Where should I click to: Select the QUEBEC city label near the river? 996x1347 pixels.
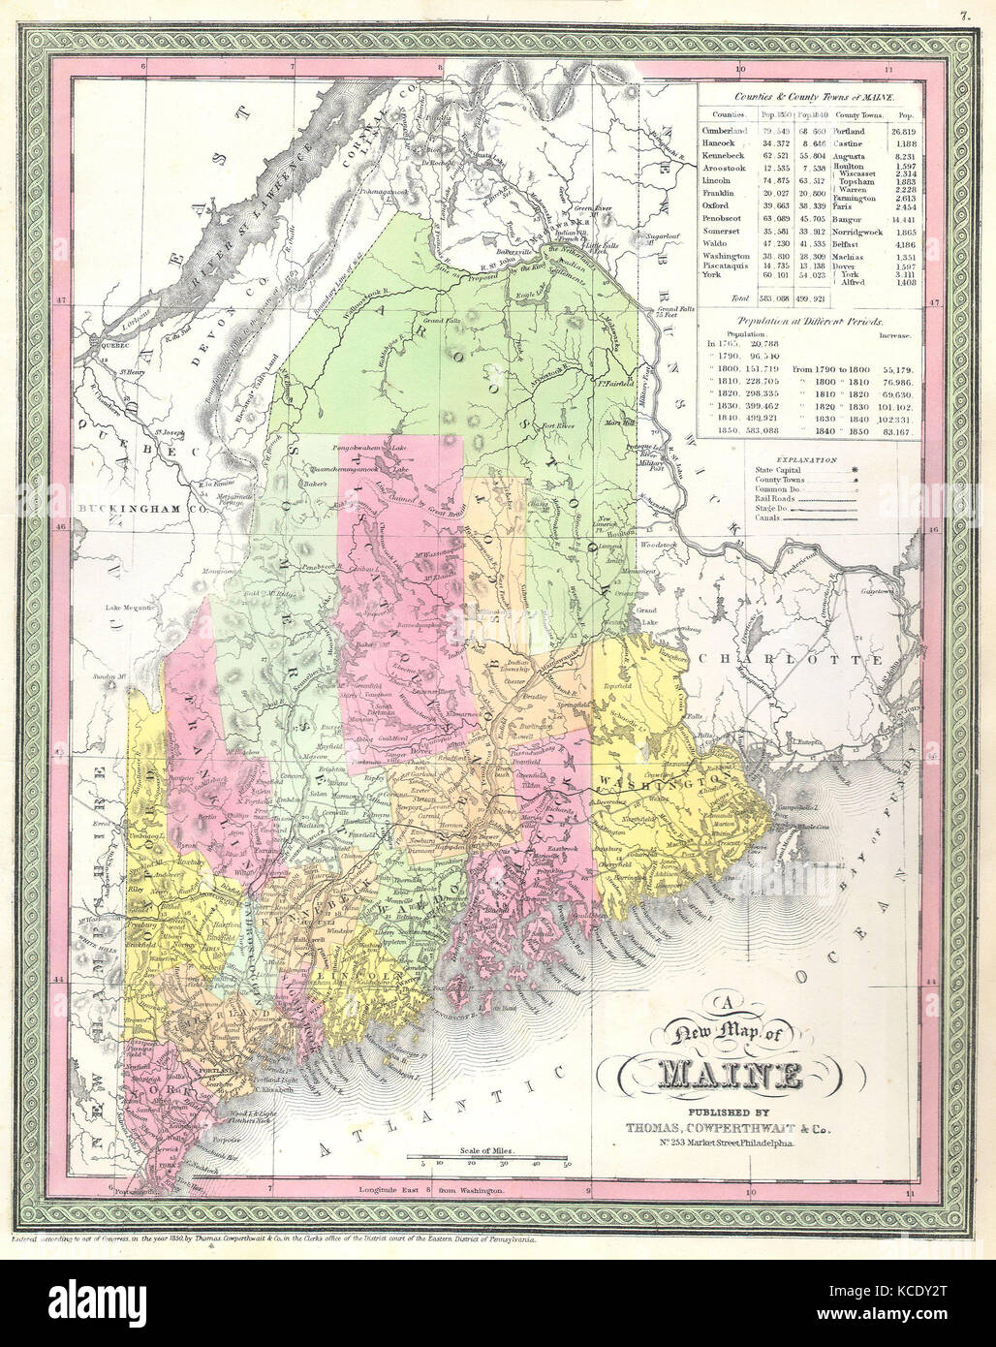pyautogui.click(x=102, y=341)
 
